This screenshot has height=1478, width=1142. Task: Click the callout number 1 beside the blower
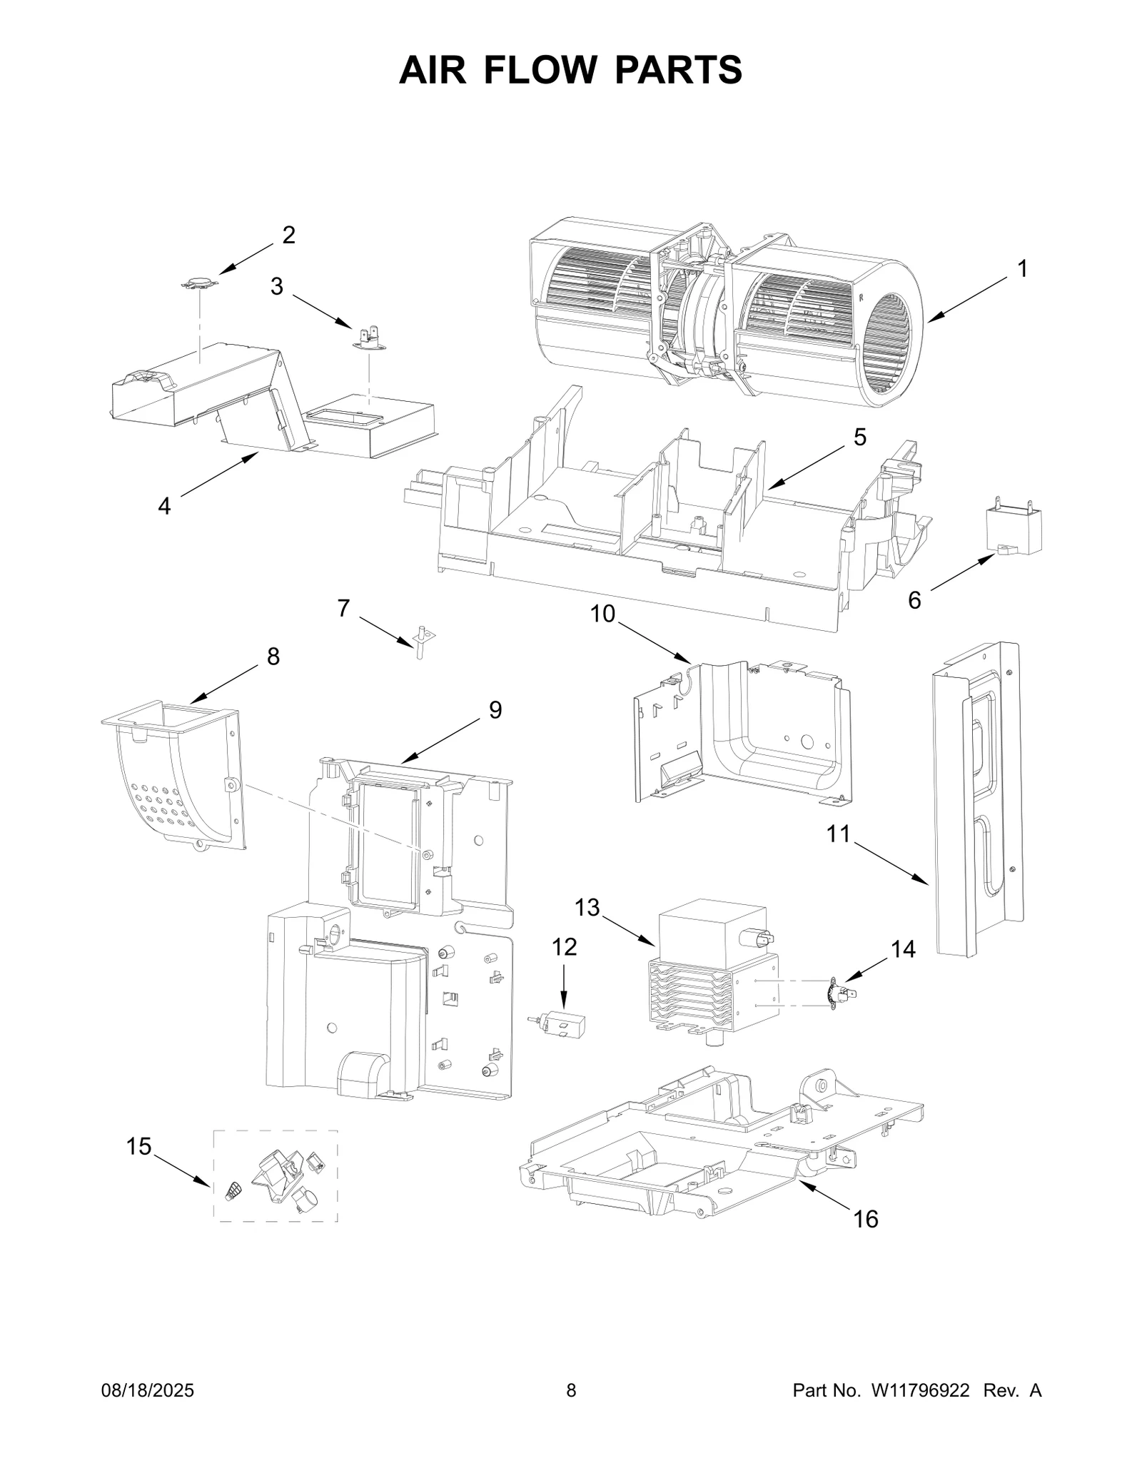coord(1022,269)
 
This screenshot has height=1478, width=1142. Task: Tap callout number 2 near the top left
coord(288,235)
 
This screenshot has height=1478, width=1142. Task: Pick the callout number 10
coord(602,614)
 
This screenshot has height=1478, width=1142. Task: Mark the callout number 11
coord(839,833)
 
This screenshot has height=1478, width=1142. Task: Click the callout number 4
coord(164,506)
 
